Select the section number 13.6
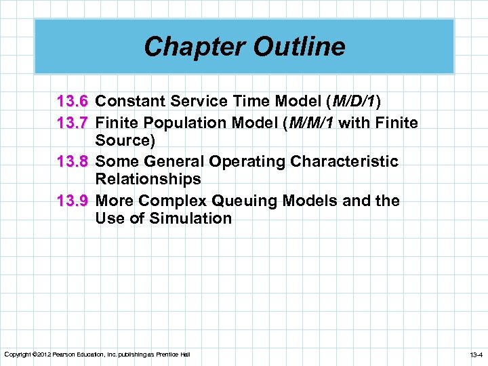[73, 102]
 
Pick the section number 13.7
[73, 123]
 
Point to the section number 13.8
[73, 162]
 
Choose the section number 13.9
[73, 201]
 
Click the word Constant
[126, 102]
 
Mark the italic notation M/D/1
[352, 102]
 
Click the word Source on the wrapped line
[122, 140]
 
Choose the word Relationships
[148, 180]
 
